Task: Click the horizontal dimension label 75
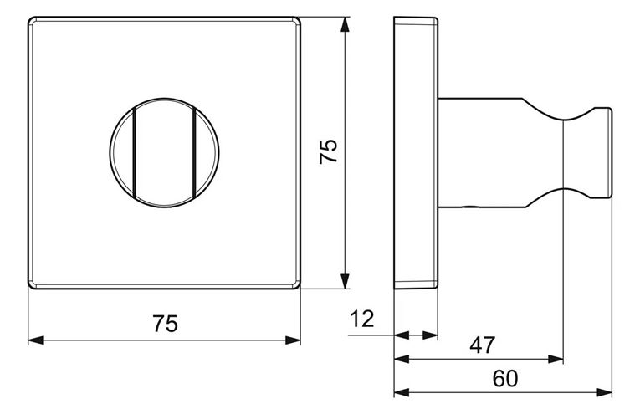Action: point(166,324)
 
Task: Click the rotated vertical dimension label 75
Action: point(329,151)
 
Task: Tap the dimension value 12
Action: point(362,319)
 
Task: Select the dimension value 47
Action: point(482,345)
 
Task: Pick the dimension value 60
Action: point(505,379)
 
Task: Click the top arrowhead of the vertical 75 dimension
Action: point(345,24)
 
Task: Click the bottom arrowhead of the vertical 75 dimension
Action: point(345,282)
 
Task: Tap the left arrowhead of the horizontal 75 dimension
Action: point(35,340)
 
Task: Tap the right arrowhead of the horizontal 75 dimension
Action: point(293,340)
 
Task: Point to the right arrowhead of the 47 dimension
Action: point(556,360)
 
